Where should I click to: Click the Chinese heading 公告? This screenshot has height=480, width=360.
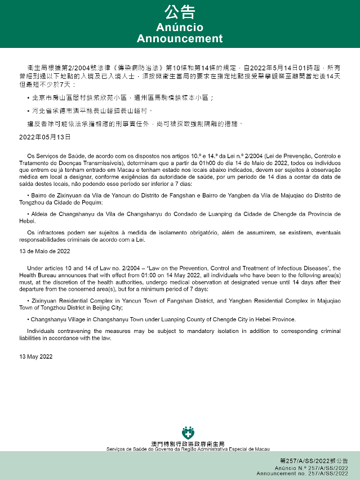click(x=180, y=12)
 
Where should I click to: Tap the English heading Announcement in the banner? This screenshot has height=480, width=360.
click(x=180, y=39)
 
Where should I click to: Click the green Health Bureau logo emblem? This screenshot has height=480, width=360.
click(x=188, y=433)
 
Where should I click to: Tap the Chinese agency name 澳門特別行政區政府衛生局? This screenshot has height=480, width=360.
click(x=188, y=444)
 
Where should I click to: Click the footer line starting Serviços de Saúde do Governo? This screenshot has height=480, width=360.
click(x=188, y=449)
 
